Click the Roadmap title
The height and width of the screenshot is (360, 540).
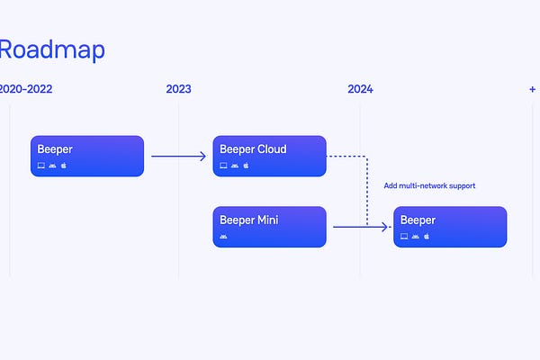coord(51,49)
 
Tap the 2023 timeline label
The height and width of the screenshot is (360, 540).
coord(178,89)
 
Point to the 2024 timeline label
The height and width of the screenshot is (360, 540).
coord(360,89)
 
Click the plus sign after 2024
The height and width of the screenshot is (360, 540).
coord(533,89)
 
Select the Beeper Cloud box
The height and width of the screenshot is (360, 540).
coord(269,156)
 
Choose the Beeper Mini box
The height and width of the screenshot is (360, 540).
coord(269,227)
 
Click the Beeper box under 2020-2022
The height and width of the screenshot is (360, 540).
coord(86,156)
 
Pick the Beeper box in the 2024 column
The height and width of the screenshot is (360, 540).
coord(450,227)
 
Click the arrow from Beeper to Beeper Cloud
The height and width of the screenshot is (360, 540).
coord(178,156)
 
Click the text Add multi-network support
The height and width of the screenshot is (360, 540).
coord(429,185)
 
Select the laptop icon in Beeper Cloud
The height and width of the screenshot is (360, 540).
coord(223,166)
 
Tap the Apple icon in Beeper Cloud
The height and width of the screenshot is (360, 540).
coord(246,166)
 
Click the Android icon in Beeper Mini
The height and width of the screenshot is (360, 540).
coord(223,237)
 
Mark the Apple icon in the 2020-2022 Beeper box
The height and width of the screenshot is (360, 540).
coord(64,166)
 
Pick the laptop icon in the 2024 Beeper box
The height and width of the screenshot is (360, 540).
coord(404,237)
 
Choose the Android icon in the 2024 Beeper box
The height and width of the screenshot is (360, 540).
coord(415,237)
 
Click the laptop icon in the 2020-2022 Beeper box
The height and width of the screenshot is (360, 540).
coord(41,166)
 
